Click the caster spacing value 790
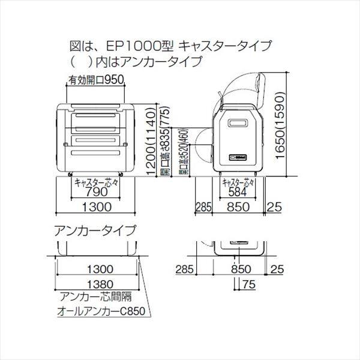click(x=97, y=193)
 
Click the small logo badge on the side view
click(x=239, y=157)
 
